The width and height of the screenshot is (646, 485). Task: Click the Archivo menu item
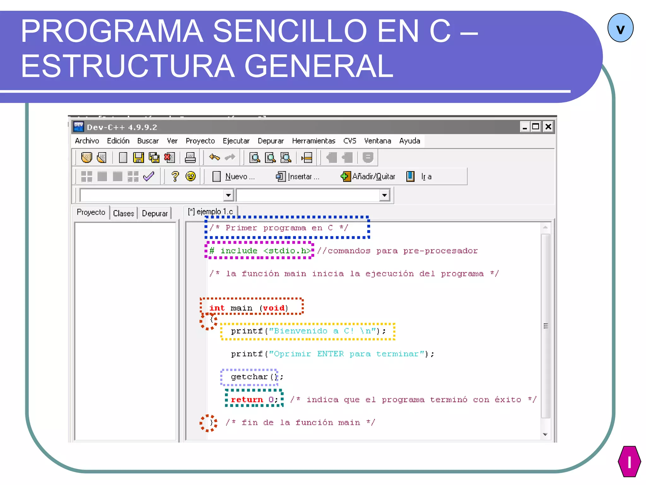point(87,141)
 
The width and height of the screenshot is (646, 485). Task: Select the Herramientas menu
point(313,141)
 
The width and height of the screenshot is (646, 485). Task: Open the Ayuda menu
point(409,141)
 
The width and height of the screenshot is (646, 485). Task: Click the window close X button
point(549,127)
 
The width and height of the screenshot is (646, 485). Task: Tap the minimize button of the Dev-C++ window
point(525,127)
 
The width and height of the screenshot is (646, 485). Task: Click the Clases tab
point(123,213)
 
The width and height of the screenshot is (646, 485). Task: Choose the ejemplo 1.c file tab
point(211,212)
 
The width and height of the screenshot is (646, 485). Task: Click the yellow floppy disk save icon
point(138,158)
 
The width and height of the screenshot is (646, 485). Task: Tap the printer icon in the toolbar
point(190,158)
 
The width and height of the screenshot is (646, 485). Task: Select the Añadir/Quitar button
point(368,177)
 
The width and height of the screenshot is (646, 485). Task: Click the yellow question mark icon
point(175,176)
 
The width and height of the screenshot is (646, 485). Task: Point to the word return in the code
point(247,400)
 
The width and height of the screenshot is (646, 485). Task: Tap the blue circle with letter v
point(620,28)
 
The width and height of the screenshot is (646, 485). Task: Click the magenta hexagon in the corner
point(629,461)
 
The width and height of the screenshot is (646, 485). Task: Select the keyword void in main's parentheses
point(273,308)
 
